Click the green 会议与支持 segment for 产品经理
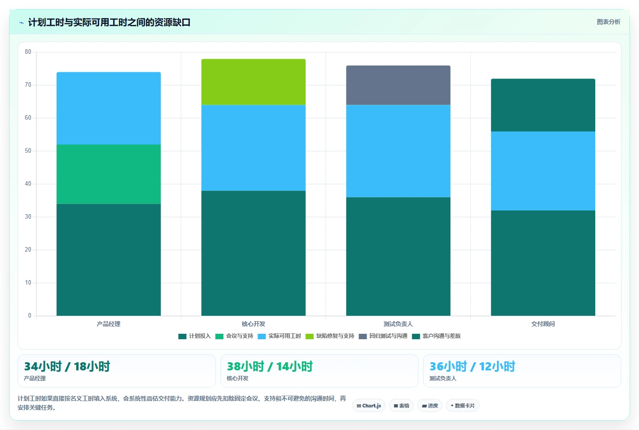point(108,174)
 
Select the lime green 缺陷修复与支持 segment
point(253,82)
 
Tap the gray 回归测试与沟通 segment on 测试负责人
point(398,85)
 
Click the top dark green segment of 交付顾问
point(543,105)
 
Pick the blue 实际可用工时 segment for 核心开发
point(253,148)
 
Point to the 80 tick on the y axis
point(28,51)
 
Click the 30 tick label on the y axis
point(28,216)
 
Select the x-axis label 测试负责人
point(398,324)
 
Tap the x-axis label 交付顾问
point(543,324)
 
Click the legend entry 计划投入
point(194,336)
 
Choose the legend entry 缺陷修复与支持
point(330,336)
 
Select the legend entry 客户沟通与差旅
point(436,336)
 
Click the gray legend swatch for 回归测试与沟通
point(363,337)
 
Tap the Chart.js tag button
point(369,406)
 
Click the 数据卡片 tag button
point(462,406)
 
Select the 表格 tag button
point(401,406)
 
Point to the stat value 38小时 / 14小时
point(270,366)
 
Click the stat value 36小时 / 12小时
point(473,366)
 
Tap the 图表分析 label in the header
point(608,22)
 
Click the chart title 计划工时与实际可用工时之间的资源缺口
point(109,22)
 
